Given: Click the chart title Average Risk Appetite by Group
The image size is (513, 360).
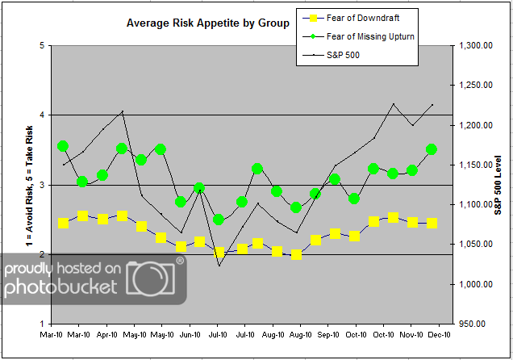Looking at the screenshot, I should [x=207, y=23].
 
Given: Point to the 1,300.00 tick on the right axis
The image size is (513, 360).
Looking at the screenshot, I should [x=475, y=46].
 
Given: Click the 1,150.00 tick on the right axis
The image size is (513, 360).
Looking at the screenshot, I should [x=475, y=165].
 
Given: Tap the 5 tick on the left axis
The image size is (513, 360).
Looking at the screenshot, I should [x=40, y=46].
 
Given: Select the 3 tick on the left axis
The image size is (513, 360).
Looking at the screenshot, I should [x=40, y=185].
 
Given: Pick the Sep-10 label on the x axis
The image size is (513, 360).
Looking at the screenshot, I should [x=328, y=333].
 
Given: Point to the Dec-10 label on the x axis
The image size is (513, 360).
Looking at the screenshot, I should [x=438, y=333].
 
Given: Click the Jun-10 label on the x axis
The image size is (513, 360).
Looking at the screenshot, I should [x=190, y=333].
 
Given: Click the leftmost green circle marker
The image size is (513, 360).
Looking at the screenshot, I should [x=63, y=146].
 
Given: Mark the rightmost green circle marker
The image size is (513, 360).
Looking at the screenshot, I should [x=432, y=149].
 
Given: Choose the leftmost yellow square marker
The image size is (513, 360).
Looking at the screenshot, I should [x=63, y=223].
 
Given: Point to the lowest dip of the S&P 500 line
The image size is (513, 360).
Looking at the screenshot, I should [x=219, y=266].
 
